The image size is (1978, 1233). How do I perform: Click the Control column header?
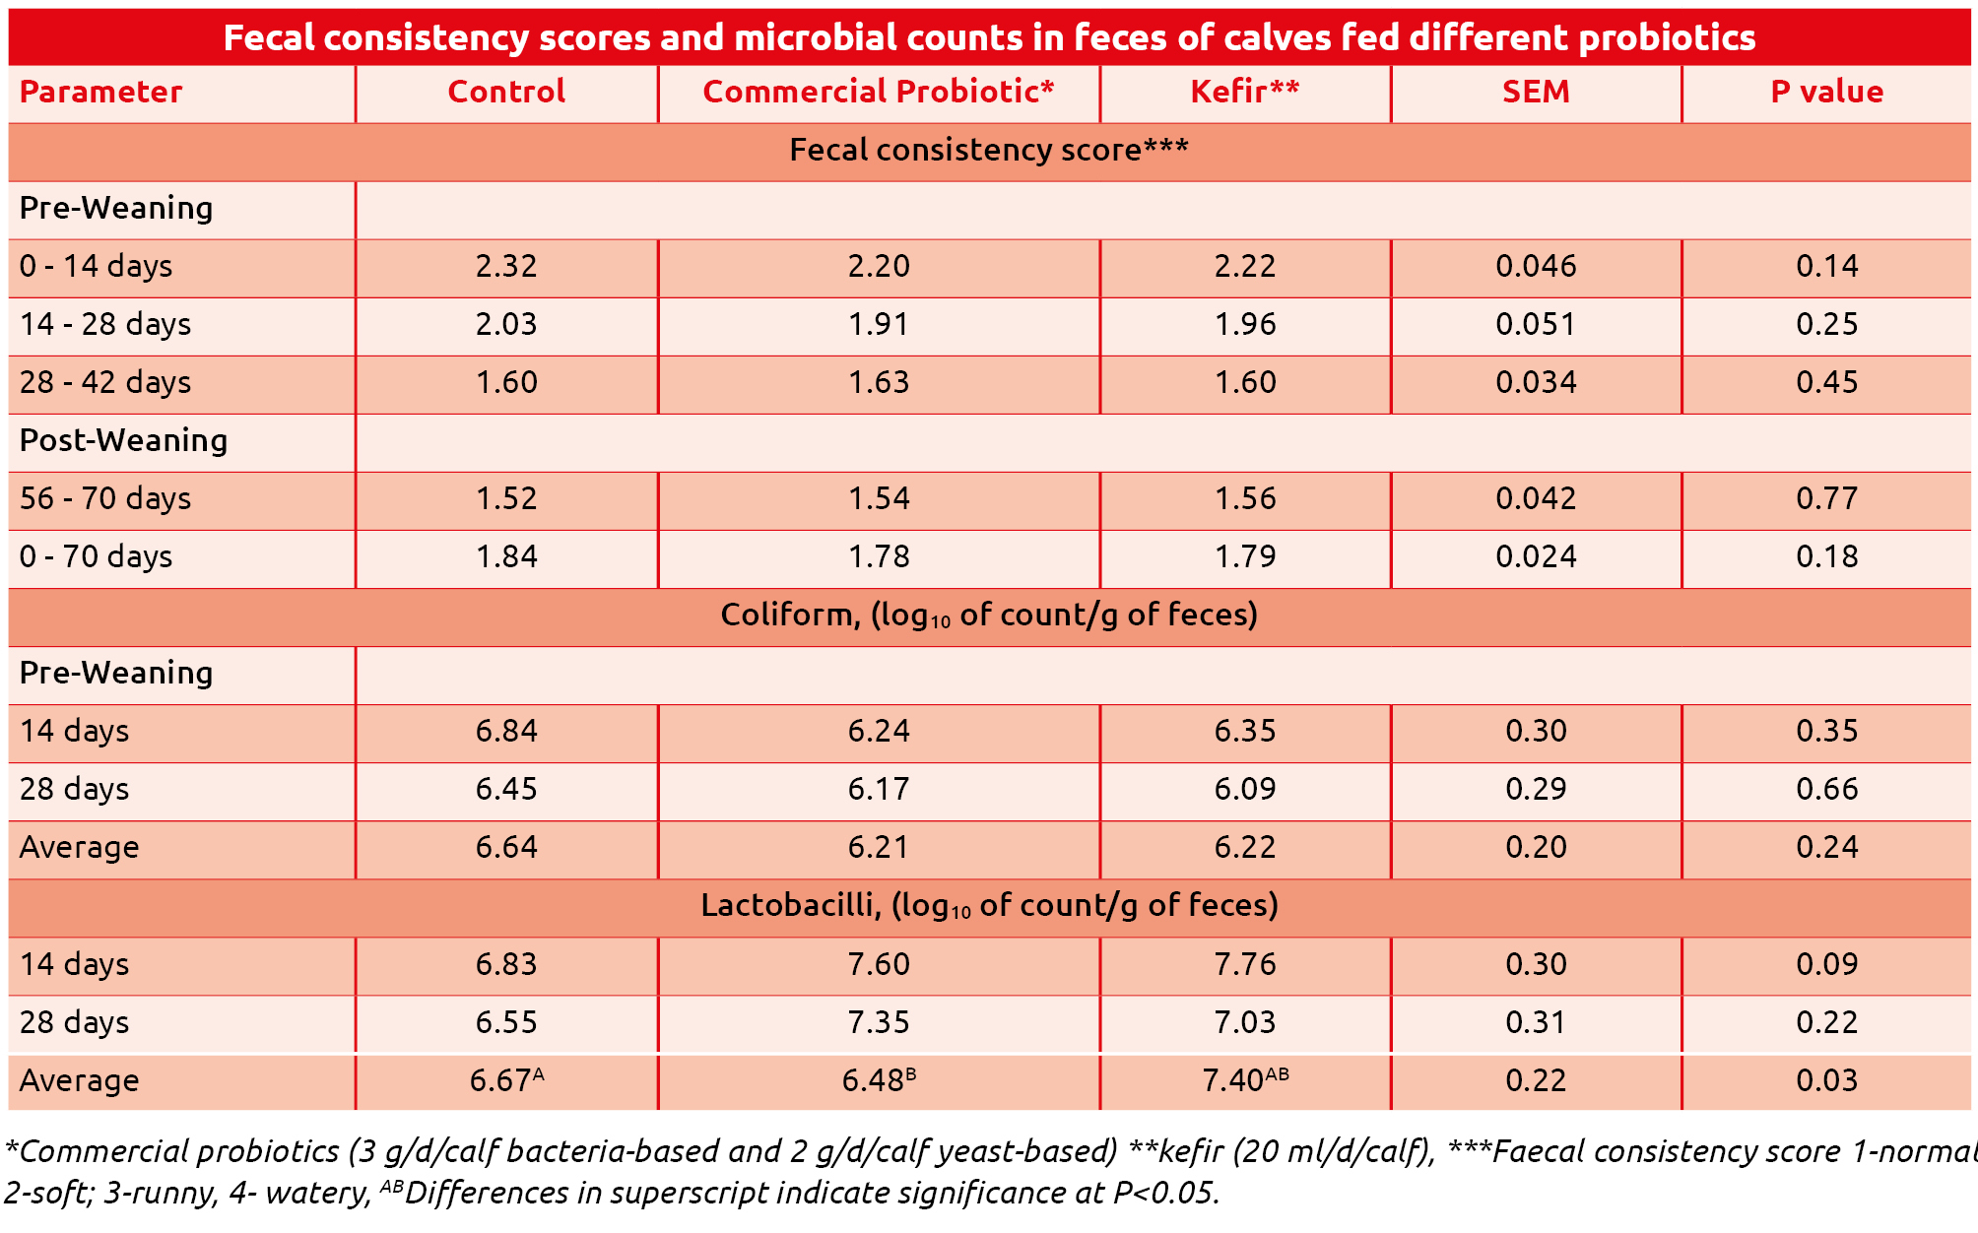[506, 92]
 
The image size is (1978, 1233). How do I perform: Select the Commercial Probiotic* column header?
[878, 92]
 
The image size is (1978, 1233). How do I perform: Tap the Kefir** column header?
[1245, 92]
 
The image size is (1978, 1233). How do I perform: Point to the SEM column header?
[1536, 92]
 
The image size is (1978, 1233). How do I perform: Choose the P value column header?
[1826, 92]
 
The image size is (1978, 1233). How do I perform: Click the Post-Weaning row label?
[123, 440]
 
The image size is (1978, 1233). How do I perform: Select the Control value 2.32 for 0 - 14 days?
[506, 266]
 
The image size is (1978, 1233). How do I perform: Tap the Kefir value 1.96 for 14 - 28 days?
[1245, 324]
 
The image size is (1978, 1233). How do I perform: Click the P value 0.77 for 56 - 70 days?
[1826, 498]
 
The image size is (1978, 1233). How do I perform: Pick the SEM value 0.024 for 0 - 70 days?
[1536, 556]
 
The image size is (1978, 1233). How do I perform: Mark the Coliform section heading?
[989, 616]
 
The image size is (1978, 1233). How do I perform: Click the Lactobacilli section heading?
[989, 906]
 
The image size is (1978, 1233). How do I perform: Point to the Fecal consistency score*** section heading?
[989, 150]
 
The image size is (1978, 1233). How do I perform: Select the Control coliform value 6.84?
[506, 731]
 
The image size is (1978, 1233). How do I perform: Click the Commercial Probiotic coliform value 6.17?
[878, 789]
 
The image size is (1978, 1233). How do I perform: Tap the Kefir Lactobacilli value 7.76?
[1245, 964]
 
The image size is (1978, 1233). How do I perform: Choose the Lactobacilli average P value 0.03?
[1826, 1080]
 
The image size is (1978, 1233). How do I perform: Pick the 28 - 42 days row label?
[105, 382]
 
